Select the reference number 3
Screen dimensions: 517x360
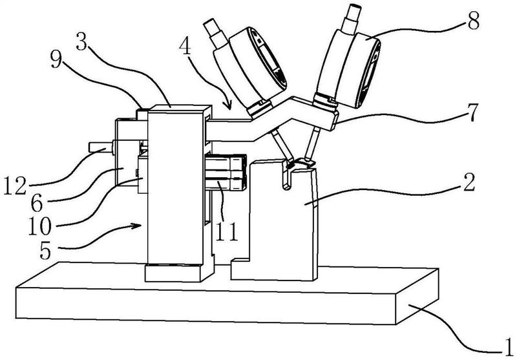point(82,41)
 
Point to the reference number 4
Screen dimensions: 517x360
point(185,48)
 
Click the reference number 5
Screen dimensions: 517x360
point(45,251)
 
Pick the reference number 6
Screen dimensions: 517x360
point(37,202)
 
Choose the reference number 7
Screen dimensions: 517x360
point(472,112)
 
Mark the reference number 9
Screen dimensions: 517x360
point(57,60)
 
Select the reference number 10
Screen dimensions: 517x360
point(39,226)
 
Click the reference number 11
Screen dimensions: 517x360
point(227,231)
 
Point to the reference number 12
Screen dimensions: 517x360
point(15,185)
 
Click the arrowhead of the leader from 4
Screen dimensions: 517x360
point(227,105)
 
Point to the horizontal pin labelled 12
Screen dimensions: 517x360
point(101,147)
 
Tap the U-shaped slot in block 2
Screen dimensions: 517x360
point(287,175)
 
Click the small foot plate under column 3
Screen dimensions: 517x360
point(173,273)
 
